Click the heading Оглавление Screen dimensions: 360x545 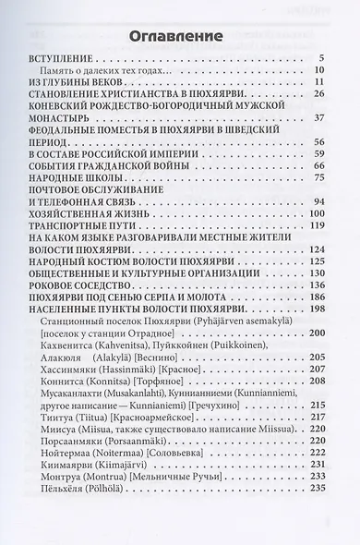pos(179,37)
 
